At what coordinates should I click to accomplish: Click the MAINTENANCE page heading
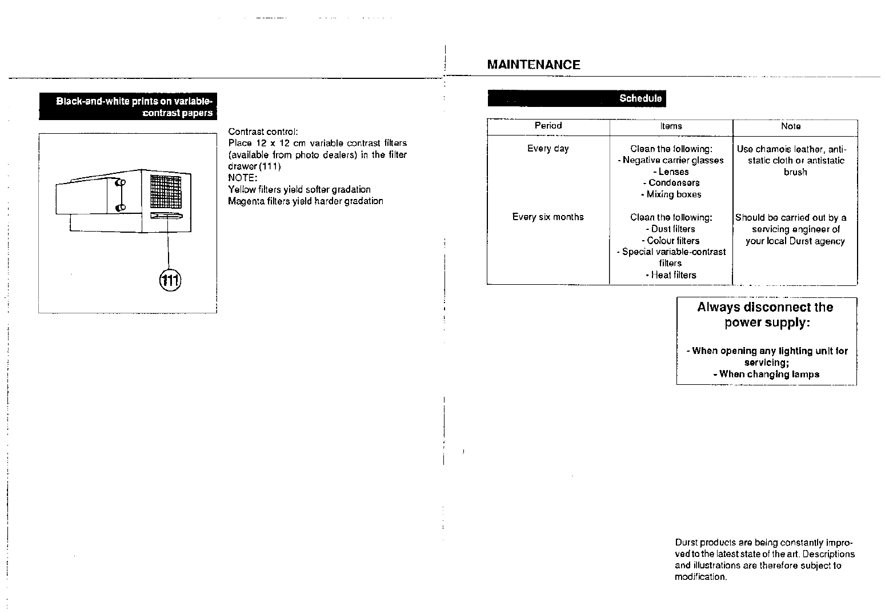[533, 65]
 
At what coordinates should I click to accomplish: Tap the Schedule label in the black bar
[640, 98]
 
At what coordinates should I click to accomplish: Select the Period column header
[548, 126]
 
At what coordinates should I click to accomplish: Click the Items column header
[671, 126]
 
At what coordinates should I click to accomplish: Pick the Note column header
[791, 126]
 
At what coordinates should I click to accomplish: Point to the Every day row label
[548, 149]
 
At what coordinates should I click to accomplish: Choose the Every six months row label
[548, 217]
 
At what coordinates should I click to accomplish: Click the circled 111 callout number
[170, 280]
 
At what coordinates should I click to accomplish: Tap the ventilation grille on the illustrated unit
[166, 191]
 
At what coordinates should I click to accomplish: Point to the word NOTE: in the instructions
[243, 178]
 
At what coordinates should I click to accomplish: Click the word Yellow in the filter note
[241, 190]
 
